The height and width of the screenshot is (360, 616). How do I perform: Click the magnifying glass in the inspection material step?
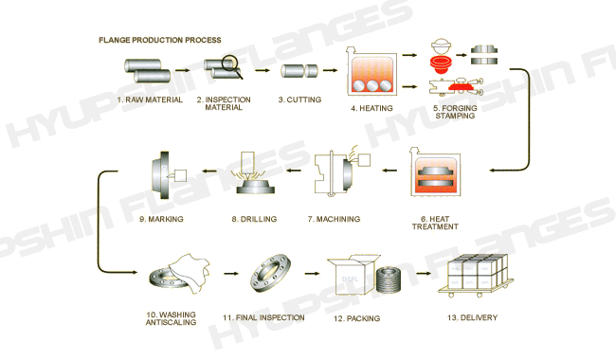[228, 65]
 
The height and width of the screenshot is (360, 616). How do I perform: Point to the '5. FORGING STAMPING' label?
[457, 113]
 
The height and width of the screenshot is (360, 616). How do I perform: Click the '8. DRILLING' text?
[254, 219]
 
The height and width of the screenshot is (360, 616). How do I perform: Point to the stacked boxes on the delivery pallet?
[476, 273]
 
